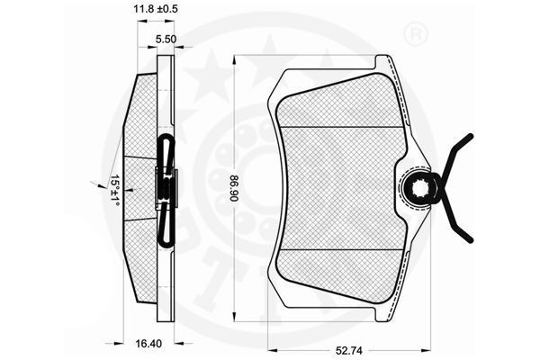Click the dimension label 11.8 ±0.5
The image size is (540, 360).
click(156, 9)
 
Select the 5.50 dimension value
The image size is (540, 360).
click(166, 40)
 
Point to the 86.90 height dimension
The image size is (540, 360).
click(234, 189)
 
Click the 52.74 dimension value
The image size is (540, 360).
click(349, 351)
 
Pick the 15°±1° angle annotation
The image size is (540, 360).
click(114, 191)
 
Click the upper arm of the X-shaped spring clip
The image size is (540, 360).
click(457, 157)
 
